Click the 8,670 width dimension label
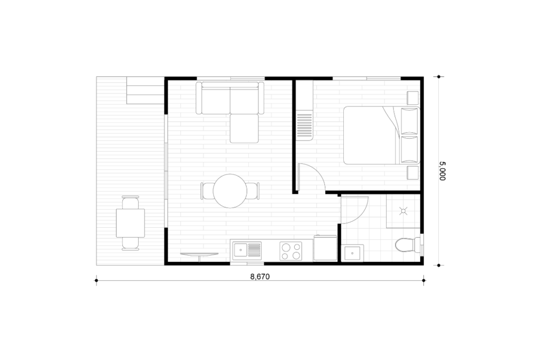coord(260,276)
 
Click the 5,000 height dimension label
coord(442,171)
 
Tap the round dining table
coord(230,191)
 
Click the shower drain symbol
coord(403,211)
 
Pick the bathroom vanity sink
coord(352,253)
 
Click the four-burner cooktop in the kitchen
coord(291,251)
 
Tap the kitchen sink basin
coord(240,250)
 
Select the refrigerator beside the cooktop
coord(325,248)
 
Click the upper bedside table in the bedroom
coord(412,98)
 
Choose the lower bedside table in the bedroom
coord(412,173)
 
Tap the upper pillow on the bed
coord(409,121)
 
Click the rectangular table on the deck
coord(131,223)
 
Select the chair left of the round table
coord(206,191)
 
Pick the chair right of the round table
coord(253,191)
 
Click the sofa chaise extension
coord(244,129)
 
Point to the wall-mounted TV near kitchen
coord(199,255)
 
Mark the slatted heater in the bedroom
coord(304,126)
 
